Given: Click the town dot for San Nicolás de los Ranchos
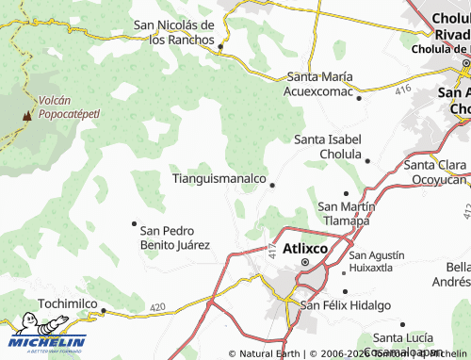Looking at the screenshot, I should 220,45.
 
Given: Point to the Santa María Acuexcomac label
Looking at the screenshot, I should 320,84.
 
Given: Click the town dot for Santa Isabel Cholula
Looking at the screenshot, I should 367,161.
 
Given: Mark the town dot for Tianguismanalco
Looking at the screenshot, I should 272,185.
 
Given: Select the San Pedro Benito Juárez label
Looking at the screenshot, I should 174,237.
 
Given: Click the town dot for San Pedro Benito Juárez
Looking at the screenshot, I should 134,223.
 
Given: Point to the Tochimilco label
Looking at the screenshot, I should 67,303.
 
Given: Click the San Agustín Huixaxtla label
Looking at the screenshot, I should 376,261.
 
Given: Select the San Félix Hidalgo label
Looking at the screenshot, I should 345,305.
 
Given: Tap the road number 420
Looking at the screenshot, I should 157,307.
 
